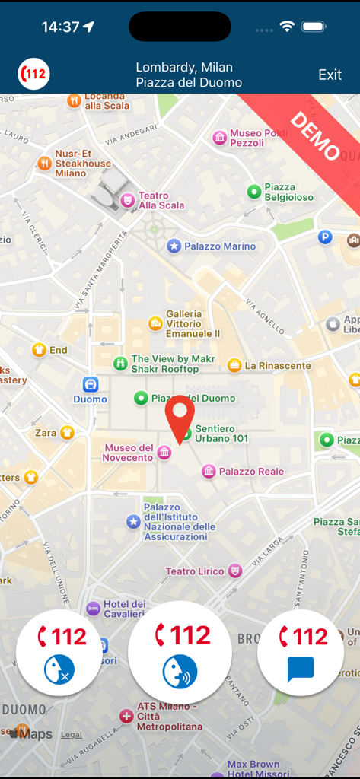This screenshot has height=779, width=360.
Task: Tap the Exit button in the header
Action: pos(330,75)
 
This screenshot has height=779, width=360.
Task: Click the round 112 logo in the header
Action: pos(33,75)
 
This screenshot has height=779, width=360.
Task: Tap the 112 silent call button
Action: pos(59,652)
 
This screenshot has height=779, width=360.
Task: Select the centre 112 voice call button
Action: pos(180,652)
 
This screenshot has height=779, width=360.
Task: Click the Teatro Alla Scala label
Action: pos(161,200)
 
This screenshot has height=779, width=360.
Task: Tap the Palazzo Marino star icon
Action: pos(174,246)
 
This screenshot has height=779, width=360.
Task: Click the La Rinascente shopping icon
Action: pos(234,365)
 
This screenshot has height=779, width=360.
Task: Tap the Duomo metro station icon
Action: pos(91,384)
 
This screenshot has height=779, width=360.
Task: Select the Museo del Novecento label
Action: pos(129,453)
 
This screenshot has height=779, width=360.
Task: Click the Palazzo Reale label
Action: pos(251,472)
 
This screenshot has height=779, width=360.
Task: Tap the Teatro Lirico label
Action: pos(195,571)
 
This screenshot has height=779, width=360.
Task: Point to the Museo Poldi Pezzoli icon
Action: pos(220,137)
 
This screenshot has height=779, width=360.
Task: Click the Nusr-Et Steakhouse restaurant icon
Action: pos(45,163)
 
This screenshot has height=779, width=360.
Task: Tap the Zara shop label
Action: pos(46,433)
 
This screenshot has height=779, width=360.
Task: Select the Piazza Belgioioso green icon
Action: pos(254,191)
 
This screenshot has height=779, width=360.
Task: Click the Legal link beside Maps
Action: pos(72,735)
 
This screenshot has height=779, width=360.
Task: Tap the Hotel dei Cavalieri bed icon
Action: pos(93,609)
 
